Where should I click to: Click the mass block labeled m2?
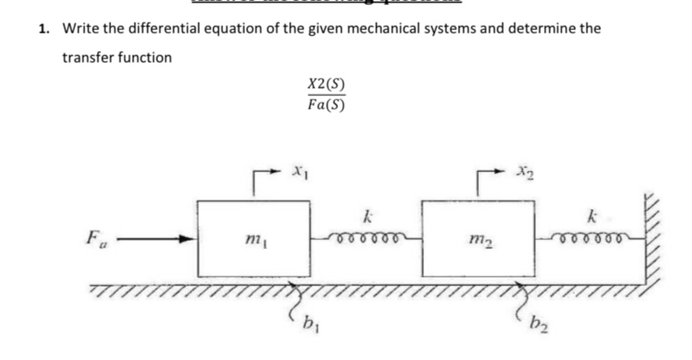(x=477, y=238)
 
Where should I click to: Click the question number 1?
(x=43, y=28)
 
